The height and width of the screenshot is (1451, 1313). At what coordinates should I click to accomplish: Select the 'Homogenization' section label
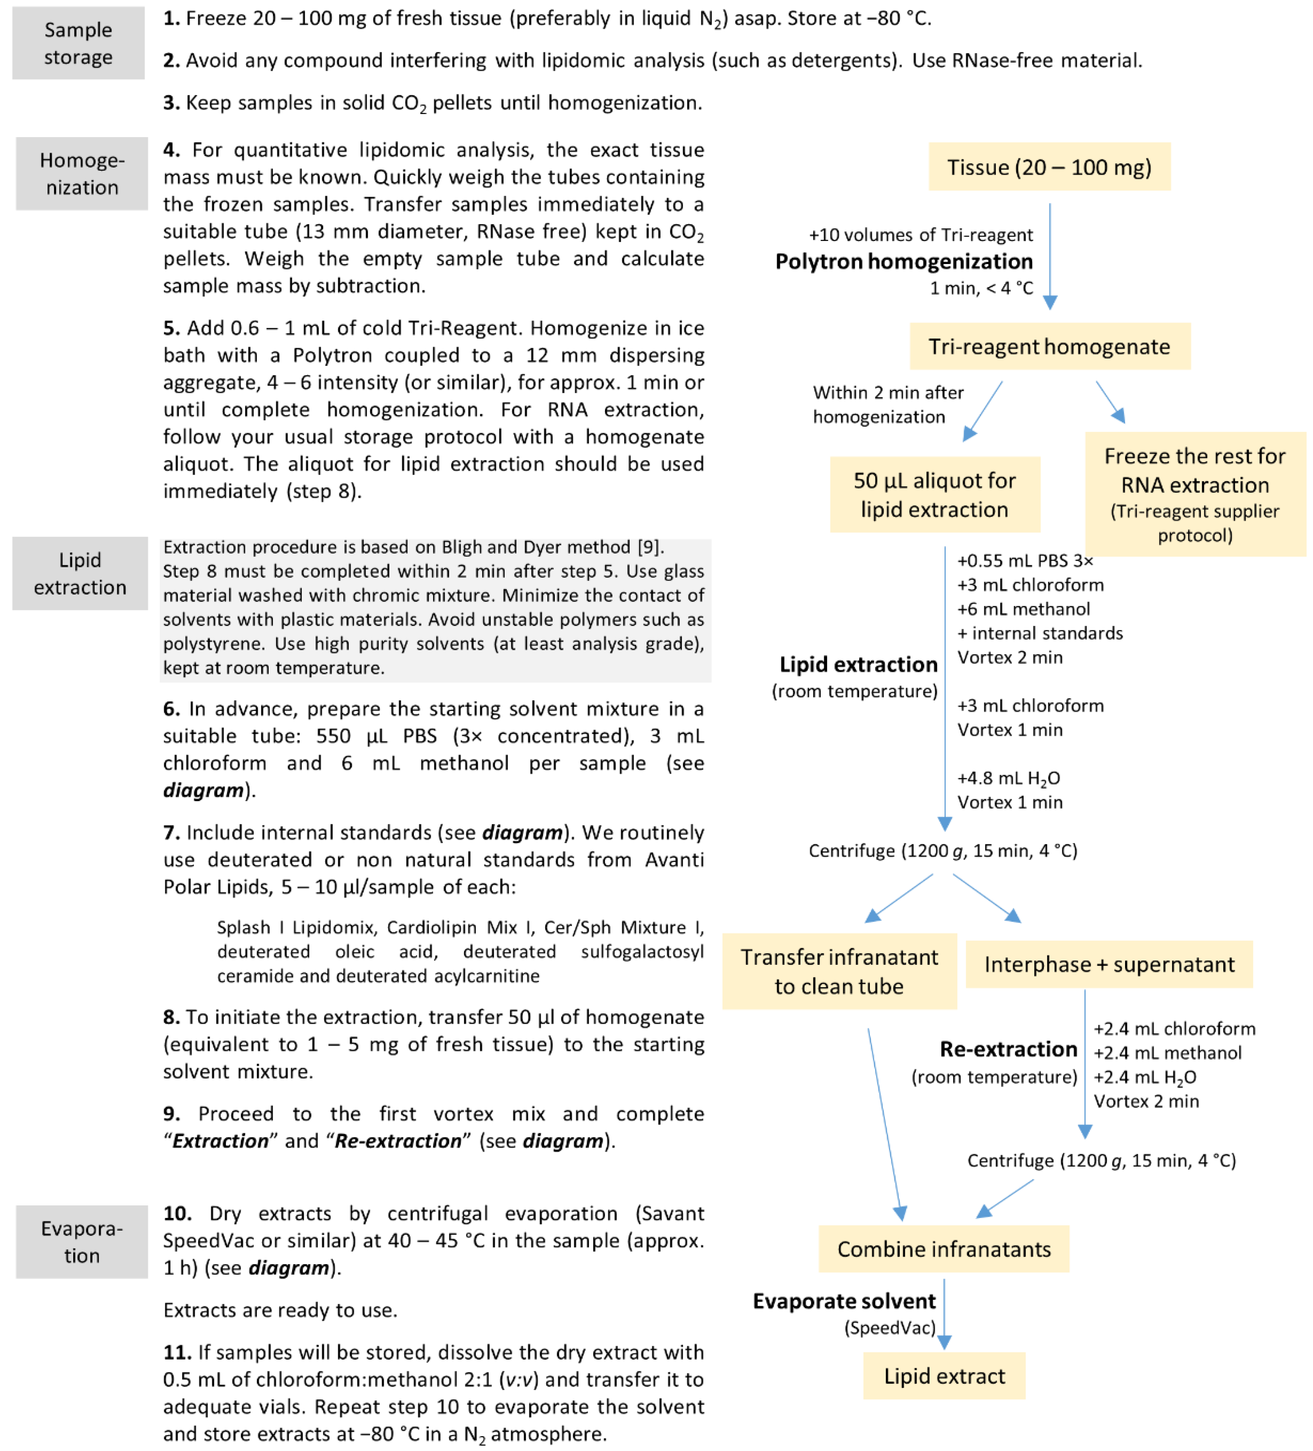point(82,174)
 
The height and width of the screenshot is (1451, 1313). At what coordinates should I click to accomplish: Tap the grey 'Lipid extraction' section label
point(80,574)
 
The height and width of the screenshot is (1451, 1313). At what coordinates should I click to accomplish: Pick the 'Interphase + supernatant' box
point(1109,964)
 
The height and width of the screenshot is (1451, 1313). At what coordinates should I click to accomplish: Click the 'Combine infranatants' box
point(943,1249)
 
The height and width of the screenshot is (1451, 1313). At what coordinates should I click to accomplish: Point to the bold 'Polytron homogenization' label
point(904,261)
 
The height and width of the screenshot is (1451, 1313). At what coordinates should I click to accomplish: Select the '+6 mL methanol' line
point(1023,609)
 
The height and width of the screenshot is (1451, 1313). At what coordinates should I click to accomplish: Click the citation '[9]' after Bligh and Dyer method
point(649,547)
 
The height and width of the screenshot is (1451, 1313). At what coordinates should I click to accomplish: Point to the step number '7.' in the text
point(171,833)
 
